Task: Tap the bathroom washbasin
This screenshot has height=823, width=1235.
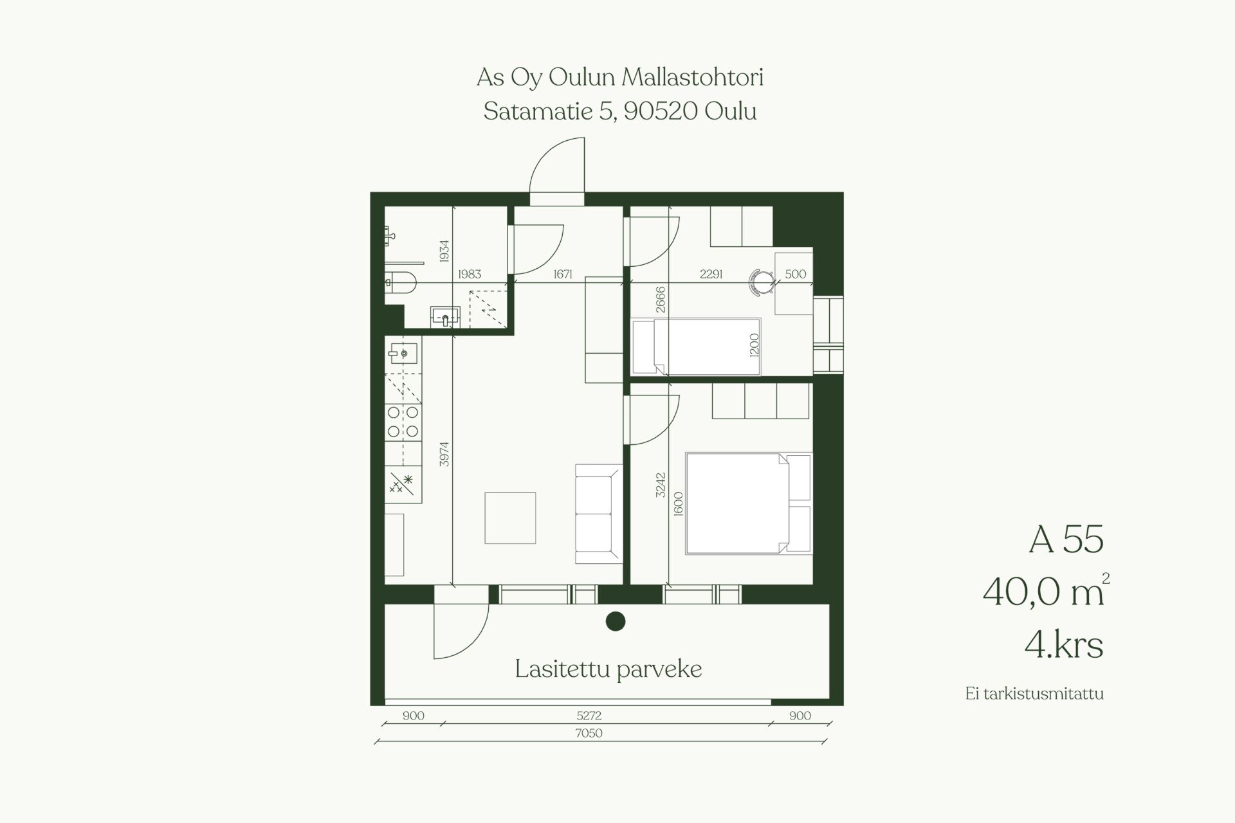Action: [x=445, y=316]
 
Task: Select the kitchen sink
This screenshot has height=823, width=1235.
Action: [x=403, y=353]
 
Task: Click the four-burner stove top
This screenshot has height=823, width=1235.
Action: [x=403, y=422]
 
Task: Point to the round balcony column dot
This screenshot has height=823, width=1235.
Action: [x=616, y=621]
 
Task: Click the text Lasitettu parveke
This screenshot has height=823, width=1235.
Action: [x=608, y=669]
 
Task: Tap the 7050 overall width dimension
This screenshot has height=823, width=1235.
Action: [x=589, y=733]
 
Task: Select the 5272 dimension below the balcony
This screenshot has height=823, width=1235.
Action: [x=589, y=715]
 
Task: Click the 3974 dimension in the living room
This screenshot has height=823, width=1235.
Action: [x=444, y=454]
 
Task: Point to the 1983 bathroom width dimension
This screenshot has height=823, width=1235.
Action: [x=470, y=274]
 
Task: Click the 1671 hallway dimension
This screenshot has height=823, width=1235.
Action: [x=563, y=274]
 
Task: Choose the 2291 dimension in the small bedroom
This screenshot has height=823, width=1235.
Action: [x=711, y=274]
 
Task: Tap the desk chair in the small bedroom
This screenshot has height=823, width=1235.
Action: [x=762, y=282]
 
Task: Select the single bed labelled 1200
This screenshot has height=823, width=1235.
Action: [x=697, y=347]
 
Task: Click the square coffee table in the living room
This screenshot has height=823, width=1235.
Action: [x=510, y=518]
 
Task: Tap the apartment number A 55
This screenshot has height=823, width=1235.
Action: [x=1066, y=539]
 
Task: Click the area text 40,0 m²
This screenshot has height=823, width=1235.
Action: [x=1046, y=592]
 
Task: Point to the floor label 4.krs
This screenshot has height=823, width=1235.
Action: [x=1064, y=644]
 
